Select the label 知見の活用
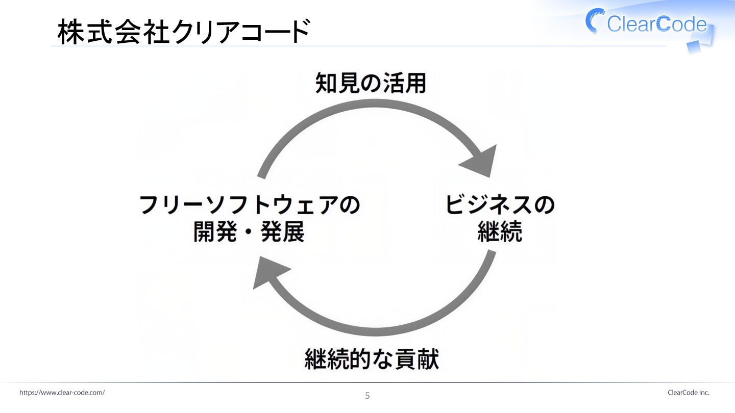371,83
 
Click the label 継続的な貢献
372,359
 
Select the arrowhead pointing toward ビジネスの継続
481,160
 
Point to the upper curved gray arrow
367,110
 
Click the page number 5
367,396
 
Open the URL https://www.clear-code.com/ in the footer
62,393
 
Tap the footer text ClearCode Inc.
688,393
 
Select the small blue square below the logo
694,47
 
